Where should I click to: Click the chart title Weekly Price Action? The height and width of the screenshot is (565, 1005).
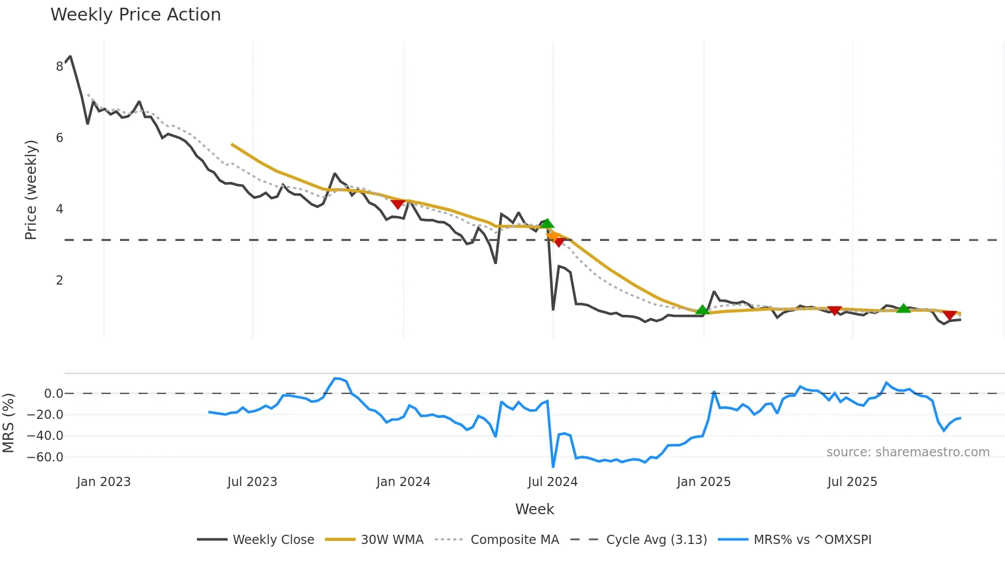coord(135,15)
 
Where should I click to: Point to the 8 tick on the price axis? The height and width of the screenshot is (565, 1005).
coord(59,66)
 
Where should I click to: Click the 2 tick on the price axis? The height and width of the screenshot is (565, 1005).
coord(59,280)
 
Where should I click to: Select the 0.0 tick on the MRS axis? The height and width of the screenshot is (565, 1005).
coord(53,394)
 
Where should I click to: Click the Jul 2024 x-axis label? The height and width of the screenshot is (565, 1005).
coord(552,482)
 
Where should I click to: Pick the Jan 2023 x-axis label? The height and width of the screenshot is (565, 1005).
coord(104,482)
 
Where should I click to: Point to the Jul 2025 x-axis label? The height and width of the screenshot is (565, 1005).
coord(852,482)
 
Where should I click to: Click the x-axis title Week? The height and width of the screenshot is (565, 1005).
coord(534,509)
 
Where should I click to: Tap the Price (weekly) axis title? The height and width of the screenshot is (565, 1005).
coord(31,190)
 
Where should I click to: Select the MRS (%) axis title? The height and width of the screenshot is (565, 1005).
coord(9,423)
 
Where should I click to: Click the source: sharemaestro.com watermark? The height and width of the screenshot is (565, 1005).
coord(908,452)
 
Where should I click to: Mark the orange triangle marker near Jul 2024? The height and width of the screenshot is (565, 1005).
coord(553,235)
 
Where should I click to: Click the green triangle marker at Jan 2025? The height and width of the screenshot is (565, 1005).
coord(702,310)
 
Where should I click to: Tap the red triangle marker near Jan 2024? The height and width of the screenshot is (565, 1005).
coord(397,204)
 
